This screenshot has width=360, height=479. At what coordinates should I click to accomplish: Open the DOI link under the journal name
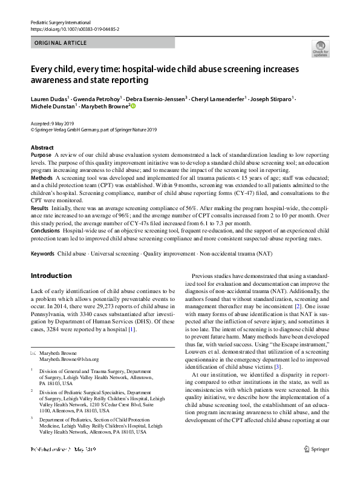click(71, 28)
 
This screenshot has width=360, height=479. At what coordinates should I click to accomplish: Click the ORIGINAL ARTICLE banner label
click(61, 42)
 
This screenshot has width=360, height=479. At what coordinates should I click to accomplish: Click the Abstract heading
click(42, 148)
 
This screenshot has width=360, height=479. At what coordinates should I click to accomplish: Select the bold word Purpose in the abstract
click(41, 156)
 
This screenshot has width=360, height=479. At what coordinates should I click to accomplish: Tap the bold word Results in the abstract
click(40, 208)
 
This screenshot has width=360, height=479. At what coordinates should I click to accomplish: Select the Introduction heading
click(51, 276)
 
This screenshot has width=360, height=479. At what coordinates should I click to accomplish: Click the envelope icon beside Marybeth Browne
click(33, 352)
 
